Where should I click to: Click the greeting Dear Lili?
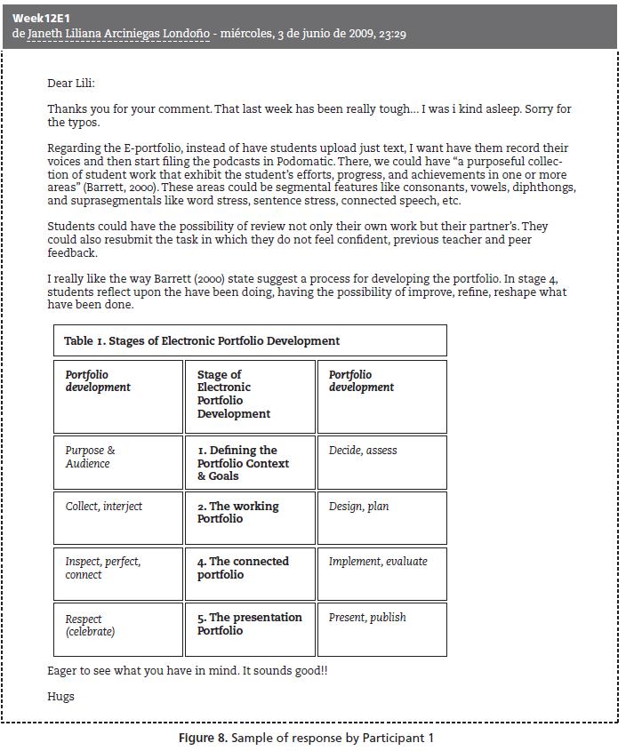point(71,84)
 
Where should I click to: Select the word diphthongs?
point(542,188)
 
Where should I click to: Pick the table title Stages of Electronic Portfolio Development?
point(202,340)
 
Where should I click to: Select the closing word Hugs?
point(60,697)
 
